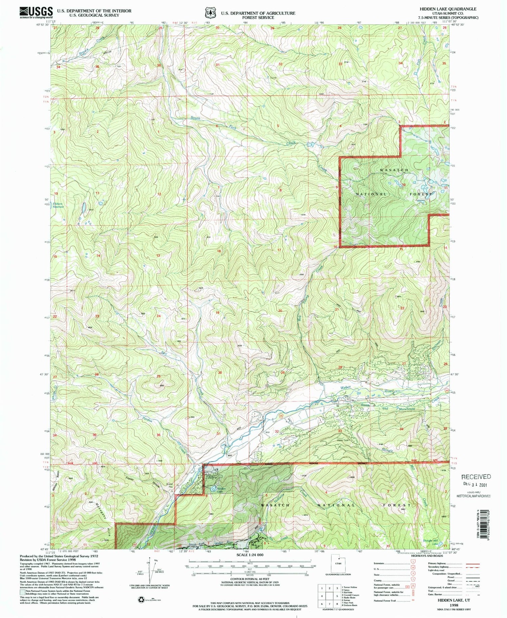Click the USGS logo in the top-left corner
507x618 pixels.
36,12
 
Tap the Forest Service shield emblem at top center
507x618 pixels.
211,13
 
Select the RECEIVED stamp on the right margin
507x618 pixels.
476,477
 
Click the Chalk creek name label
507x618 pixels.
291,143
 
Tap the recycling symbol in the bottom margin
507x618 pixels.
141,600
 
